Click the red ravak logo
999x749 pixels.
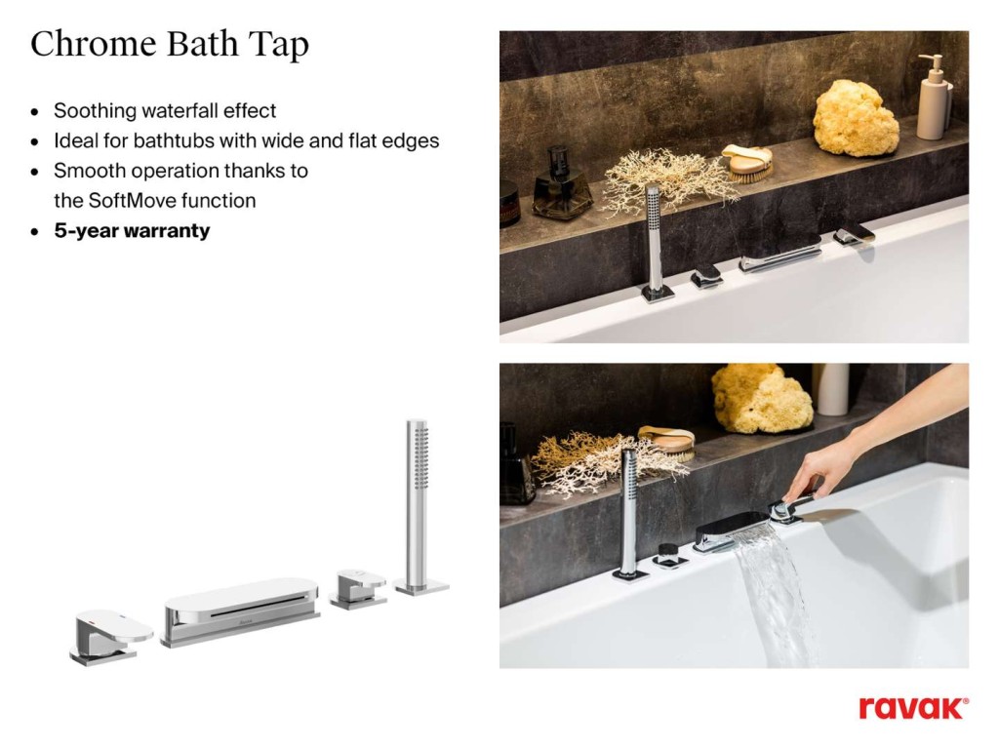[913, 708]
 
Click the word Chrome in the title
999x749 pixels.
[94, 44]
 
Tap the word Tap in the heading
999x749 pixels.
[278, 46]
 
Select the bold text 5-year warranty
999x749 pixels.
[132, 230]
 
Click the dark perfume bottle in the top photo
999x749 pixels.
[560, 184]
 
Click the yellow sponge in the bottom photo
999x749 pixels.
[761, 399]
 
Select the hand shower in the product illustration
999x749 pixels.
[420, 506]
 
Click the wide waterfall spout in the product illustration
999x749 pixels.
[240, 611]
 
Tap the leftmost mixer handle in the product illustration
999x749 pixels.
[110, 636]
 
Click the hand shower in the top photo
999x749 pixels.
[655, 243]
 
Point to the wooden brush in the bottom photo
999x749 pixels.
[667, 443]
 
